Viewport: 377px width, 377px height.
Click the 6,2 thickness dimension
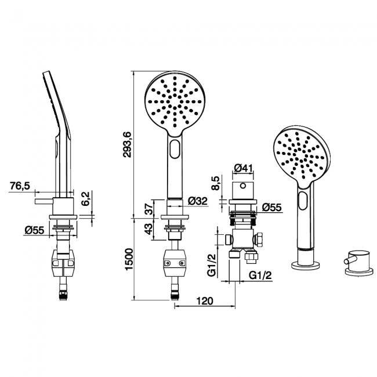tap(85, 199)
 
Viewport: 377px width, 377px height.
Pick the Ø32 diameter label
tap(198, 201)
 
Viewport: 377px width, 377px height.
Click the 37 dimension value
tap(148, 208)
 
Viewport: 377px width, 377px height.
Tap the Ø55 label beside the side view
tap(35, 230)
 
